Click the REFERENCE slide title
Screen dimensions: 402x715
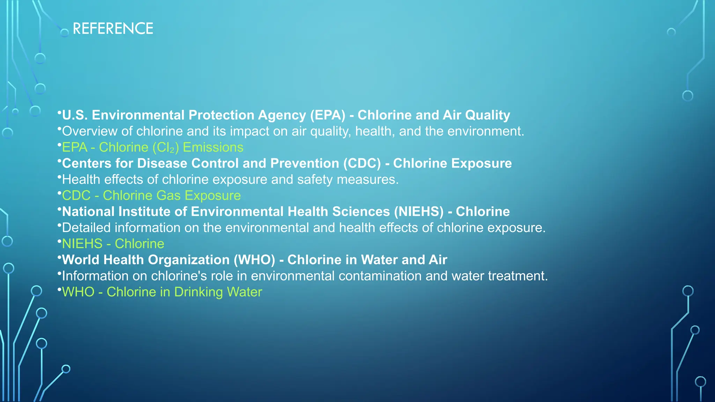(113, 29)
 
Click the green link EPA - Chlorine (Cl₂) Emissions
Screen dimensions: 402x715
(153, 147)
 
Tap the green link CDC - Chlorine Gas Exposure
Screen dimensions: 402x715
(151, 195)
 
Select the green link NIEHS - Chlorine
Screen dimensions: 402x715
(113, 244)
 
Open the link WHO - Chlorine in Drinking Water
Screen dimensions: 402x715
(162, 292)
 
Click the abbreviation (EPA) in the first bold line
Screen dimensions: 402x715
(327, 115)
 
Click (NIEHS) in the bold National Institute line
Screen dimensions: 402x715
(419, 211)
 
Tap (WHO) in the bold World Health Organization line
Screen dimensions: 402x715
(254, 260)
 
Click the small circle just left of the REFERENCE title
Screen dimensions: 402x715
(65, 33)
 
